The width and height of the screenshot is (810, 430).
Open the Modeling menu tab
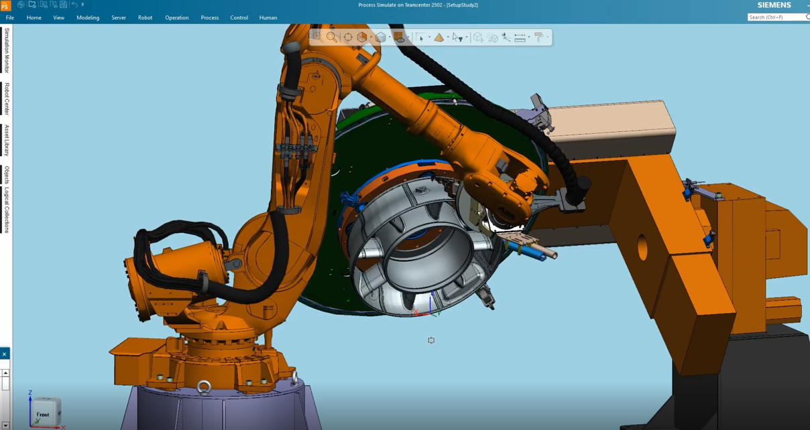click(88, 18)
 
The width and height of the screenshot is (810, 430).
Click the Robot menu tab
click(145, 18)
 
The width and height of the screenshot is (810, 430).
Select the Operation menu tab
click(176, 18)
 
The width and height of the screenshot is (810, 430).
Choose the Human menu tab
click(268, 18)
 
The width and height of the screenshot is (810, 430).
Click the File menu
click(10, 18)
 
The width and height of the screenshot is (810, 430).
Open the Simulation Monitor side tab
click(7, 50)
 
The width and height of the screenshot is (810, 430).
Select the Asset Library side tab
click(7, 140)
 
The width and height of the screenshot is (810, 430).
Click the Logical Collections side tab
click(7, 210)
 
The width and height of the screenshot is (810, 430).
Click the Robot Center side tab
click(7, 98)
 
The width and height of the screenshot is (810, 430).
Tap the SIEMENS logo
click(774, 5)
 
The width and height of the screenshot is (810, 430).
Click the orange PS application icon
click(5, 6)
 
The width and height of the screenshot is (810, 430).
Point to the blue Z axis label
click(30, 393)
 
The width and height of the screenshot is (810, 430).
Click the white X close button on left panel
click(4, 354)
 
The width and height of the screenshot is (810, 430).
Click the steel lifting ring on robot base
click(204, 386)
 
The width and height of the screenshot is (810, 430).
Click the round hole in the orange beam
click(642, 248)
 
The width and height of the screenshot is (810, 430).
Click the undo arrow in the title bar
click(74, 5)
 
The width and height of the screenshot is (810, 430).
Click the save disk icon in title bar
click(63, 5)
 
